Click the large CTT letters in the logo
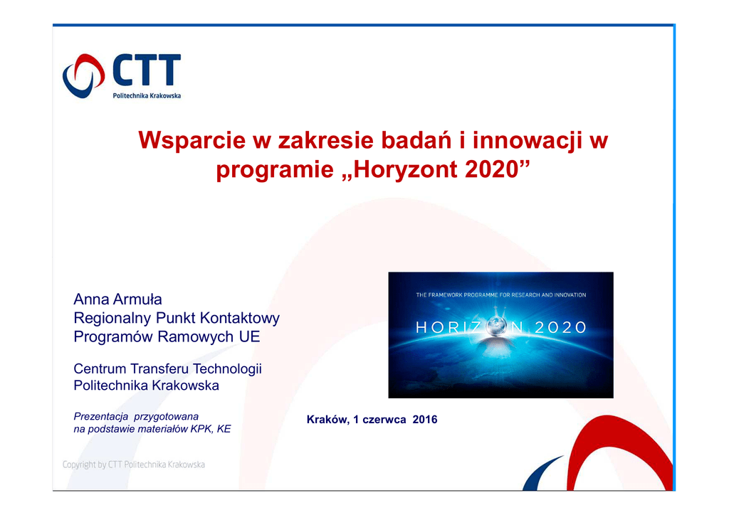tap(147, 70)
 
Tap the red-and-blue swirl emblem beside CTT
tap(84, 75)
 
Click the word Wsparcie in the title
tap(192, 140)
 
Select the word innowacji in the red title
tap(528, 140)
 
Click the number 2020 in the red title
tap(492, 169)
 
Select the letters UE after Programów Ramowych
tap(250, 336)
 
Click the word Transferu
tap(159, 368)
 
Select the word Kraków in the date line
tap(327, 420)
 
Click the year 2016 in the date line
tap(425, 420)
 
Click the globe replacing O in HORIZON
tap(496, 326)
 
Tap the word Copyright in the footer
tap(79, 464)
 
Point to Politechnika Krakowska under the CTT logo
tap(147, 95)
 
